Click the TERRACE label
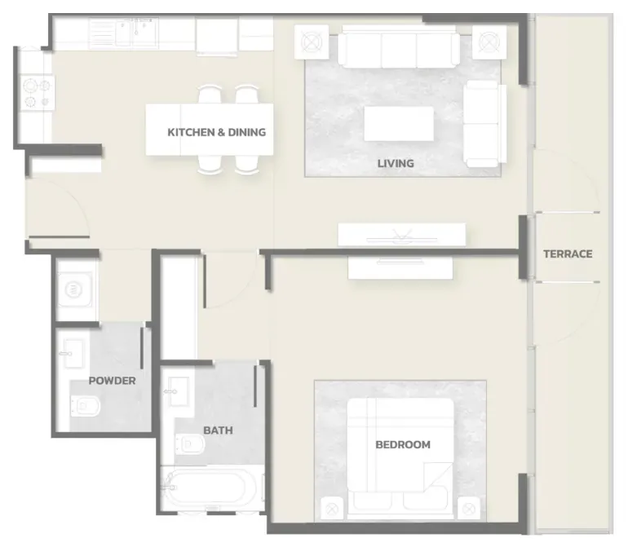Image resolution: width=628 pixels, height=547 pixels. pyautogui.click(x=568, y=254)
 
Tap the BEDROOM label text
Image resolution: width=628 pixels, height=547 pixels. pyautogui.click(x=403, y=444)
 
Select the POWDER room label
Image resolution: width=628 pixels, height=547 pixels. pyautogui.click(x=113, y=381)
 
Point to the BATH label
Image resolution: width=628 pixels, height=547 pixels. pyautogui.click(x=218, y=430)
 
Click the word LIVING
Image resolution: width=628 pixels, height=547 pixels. pyautogui.click(x=396, y=163)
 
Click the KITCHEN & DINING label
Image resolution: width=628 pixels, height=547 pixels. pyautogui.click(x=217, y=132)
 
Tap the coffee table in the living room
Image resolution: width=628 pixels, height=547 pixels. pyautogui.click(x=399, y=123)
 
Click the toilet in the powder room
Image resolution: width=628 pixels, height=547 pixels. pyautogui.click(x=86, y=406)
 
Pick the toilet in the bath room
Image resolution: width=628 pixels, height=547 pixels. pyautogui.click(x=190, y=443)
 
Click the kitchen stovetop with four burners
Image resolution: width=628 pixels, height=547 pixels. pyautogui.click(x=38, y=92)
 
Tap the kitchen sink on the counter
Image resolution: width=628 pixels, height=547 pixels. pyautogui.click(x=124, y=33)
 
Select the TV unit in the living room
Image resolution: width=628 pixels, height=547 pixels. pyautogui.click(x=402, y=235)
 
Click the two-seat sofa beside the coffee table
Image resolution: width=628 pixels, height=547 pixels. pyautogui.click(x=484, y=124)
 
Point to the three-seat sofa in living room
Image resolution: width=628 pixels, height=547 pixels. pyautogui.click(x=399, y=47)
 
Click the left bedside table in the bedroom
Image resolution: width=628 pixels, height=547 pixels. pyautogui.click(x=332, y=509)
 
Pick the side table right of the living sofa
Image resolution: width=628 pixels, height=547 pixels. pyautogui.click(x=489, y=42)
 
